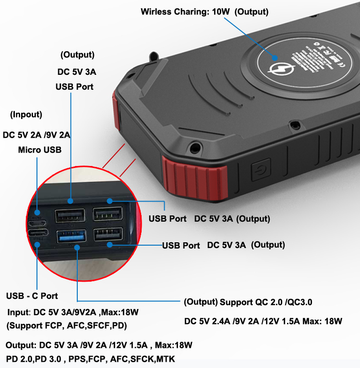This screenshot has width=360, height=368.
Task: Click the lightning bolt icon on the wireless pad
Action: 277,68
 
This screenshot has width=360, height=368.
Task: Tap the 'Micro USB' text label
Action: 40,150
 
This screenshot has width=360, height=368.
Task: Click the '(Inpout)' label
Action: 26,115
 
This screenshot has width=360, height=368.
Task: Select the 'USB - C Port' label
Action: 32,296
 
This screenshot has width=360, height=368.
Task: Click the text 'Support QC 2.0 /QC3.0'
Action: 266,302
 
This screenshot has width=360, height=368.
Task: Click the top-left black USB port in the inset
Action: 71,215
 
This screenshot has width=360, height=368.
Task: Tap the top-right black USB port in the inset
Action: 107,214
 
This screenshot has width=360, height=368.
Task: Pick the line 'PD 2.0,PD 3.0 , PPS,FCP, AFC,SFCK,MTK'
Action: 91,359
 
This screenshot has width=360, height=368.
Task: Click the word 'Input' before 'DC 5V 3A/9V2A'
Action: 18,312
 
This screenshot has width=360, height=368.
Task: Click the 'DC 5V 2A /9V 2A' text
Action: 37,135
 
